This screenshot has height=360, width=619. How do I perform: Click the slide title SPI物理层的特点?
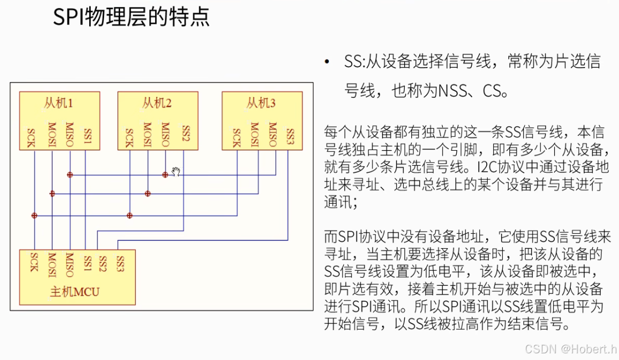point(131,17)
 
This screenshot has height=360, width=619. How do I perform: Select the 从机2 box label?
point(157,103)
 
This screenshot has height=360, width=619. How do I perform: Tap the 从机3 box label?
point(261,103)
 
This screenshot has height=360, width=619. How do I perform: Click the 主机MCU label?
point(75,292)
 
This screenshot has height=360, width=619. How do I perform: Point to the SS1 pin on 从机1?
point(87,136)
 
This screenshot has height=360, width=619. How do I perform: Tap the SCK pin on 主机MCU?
point(34,262)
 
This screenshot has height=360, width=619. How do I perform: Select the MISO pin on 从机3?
point(272,135)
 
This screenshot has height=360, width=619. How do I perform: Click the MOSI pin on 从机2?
point(147,135)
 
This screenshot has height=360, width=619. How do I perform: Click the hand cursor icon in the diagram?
point(176,172)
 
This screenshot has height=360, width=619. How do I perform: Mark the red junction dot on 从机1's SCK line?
point(34,215)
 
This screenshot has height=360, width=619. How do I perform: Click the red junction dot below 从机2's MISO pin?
point(165,175)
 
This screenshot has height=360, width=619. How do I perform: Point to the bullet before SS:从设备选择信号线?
point(327,62)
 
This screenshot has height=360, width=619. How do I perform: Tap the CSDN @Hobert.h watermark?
point(570,348)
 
